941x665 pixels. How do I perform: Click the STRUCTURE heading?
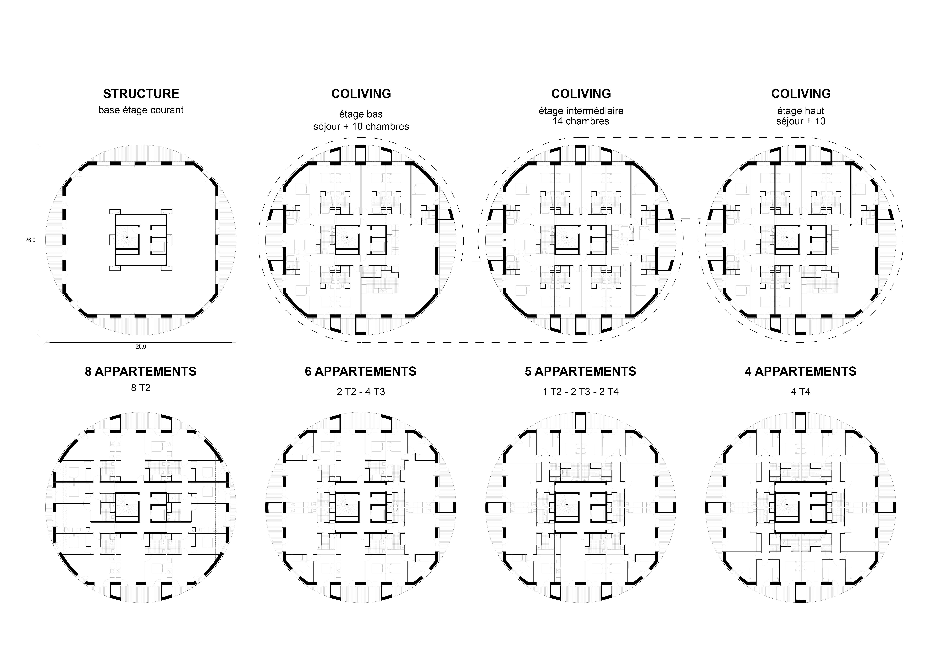(x=141, y=94)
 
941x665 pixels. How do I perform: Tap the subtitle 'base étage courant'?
(x=141, y=110)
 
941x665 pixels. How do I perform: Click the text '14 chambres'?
(x=581, y=121)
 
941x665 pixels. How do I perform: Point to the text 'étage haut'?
(x=801, y=111)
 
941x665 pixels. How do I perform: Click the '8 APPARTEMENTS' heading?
(x=141, y=372)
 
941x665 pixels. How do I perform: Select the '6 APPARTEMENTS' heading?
(x=361, y=372)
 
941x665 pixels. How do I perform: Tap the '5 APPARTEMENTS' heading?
(x=581, y=372)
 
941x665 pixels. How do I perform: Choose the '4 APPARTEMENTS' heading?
(x=801, y=372)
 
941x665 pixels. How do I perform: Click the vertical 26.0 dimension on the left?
(x=30, y=240)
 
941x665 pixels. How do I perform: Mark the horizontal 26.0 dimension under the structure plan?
(x=141, y=347)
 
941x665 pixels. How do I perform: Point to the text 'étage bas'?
(x=361, y=114)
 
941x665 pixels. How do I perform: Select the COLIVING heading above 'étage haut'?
(x=801, y=94)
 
